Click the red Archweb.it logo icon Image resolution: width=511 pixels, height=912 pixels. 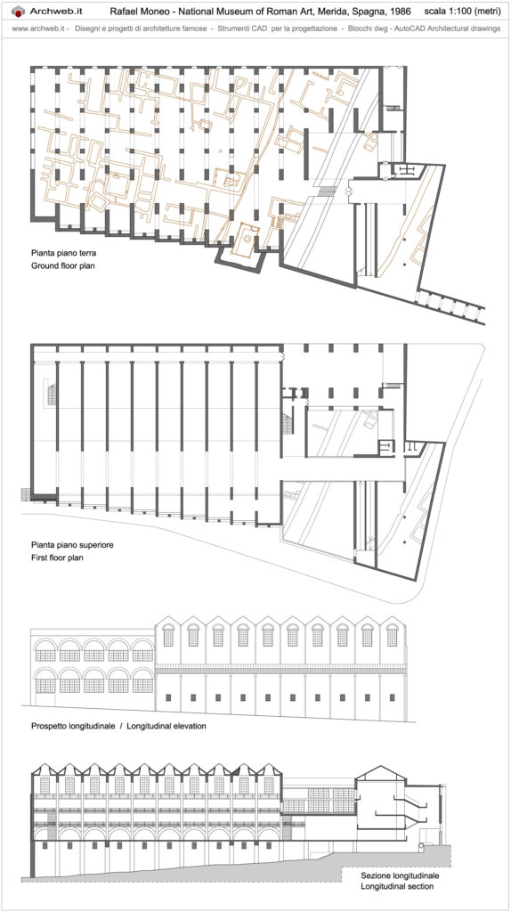(x=19, y=11)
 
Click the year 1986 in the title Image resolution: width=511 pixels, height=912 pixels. (x=401, y=12)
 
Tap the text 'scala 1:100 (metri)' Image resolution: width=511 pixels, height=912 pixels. (x=462, y=12)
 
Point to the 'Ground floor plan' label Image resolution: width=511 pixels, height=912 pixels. (x=63, y=266)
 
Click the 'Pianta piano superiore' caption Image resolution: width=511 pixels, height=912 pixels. (x=72, y=545)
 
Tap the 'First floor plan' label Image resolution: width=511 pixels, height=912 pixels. (x=58, y=558)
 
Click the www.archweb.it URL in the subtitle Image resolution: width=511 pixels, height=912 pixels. (x=37, y=28)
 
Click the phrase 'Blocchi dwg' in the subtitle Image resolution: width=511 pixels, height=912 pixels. (x=366, y=28)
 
